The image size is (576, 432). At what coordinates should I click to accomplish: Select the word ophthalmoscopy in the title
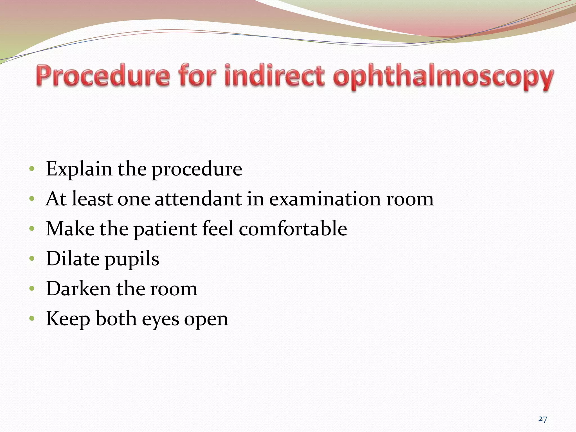444,77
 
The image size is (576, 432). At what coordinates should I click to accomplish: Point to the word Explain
79,169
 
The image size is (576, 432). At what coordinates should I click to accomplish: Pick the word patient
165,229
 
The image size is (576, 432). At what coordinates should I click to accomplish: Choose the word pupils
132,260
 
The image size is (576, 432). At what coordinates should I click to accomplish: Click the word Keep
68,319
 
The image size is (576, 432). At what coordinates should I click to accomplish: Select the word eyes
160,320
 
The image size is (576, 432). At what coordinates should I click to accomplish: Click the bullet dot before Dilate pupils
32,258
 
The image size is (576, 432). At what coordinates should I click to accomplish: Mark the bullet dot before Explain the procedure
32,169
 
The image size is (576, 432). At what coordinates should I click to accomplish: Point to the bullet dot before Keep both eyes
32,318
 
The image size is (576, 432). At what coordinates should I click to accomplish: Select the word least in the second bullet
92,199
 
